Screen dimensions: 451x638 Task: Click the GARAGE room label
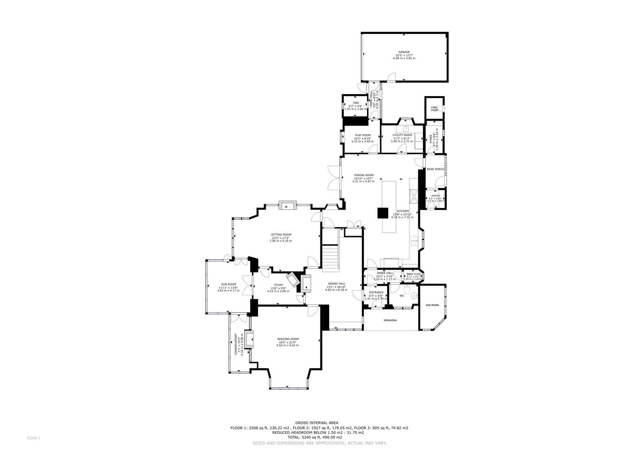(404, 52)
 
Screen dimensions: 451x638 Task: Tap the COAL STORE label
(435, 109)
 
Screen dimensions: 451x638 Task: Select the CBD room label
(356, 103)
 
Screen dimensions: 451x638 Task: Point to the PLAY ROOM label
(363, 135)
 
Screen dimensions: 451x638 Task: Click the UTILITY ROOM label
(402, 135)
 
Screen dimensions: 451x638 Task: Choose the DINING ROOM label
(363, 175)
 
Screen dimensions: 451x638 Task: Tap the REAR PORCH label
(435, 169)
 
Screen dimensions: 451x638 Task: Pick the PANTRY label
(435, 196)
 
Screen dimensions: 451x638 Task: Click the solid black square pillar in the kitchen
(383, 213)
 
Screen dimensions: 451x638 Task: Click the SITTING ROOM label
(281, 235)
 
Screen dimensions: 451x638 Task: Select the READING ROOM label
(288, 339)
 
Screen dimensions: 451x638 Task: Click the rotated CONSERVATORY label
(236, 344)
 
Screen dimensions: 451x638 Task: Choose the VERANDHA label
(390, 320)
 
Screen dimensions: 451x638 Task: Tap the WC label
(402, 296)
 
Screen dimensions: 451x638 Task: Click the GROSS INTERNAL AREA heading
(317, 423)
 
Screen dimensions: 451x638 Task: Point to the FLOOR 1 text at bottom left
(33, 438)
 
